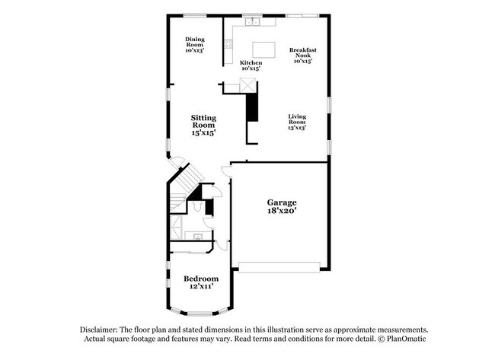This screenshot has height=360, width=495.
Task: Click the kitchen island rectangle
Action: tap(264, 49)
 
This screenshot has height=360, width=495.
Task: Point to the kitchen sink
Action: tap(253, 22)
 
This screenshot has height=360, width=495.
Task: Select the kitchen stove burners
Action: tap(228, 44)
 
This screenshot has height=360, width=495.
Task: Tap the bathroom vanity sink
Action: tap(198, 236)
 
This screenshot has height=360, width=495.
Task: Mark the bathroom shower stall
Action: tap(177, 227)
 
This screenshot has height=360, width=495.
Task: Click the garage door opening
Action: tap(279, 267)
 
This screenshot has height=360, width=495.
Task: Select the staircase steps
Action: tap(187, 186)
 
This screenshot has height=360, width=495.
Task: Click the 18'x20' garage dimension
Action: tap(282, 211)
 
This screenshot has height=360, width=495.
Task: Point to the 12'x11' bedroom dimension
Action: tap(201, 286)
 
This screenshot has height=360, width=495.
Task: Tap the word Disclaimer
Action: tap(99, 330)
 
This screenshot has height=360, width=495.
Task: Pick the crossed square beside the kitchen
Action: tap(247, 85)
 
